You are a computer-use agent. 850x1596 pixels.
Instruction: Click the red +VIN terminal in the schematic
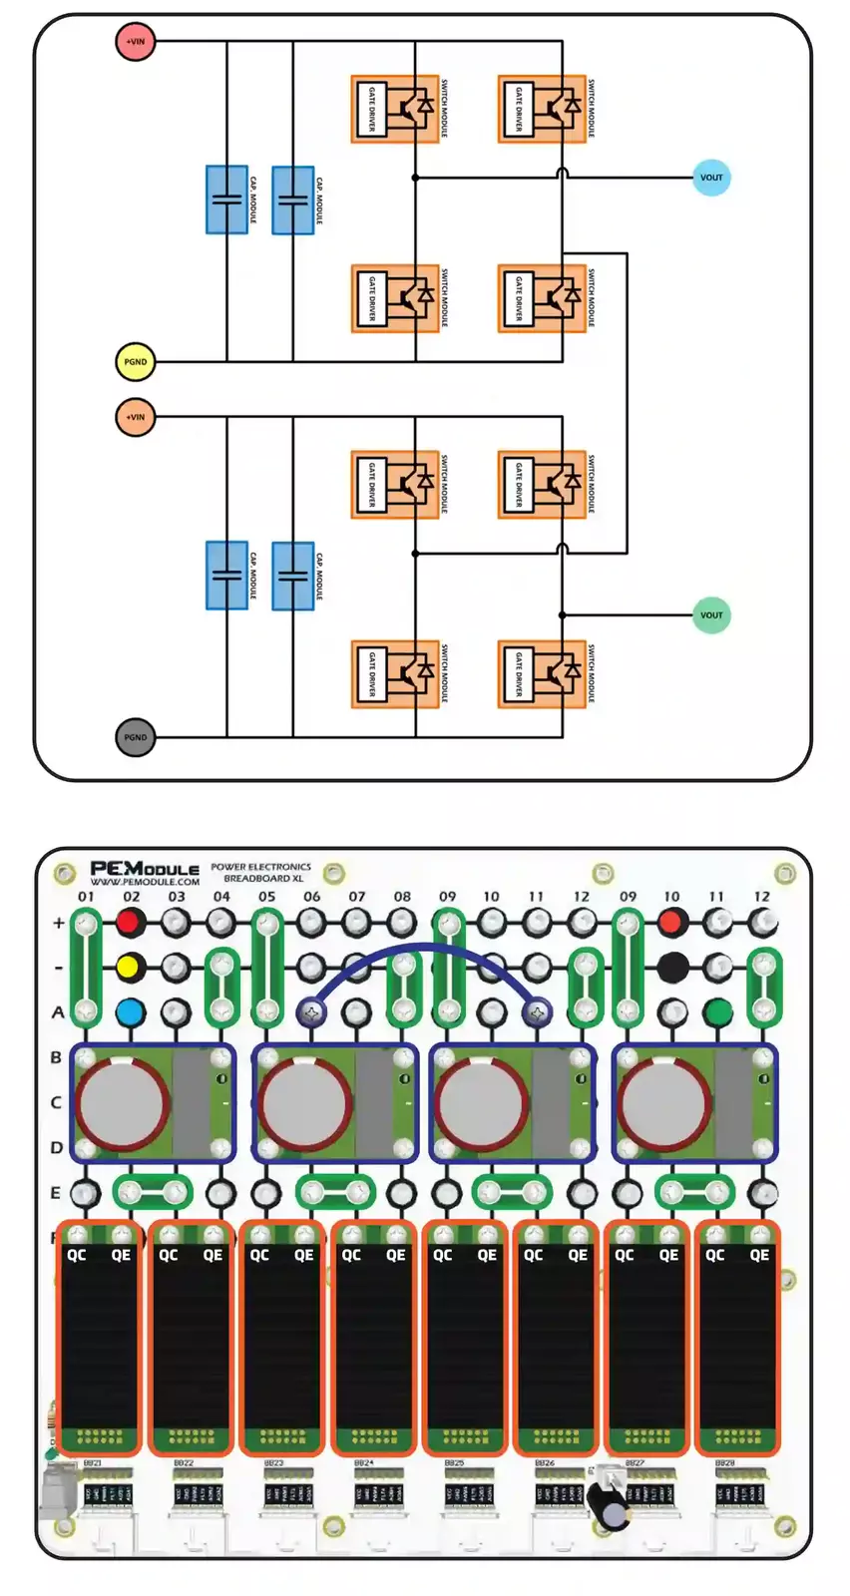pyautogui.click(x=135, y=42)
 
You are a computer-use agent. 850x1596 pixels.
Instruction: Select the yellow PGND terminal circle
pyautogui.click(x=135, y=362)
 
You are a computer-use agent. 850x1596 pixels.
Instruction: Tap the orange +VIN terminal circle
pyautogui.click(x=135, y=417)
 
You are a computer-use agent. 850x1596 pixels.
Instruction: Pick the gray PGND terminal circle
pyautogui.click(x=135, y=737)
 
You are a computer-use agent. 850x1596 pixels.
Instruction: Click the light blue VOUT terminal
pyautogui.click(x=711, y=178)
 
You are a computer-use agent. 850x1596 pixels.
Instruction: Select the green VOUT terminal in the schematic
pyautogui.click(x=711, y=614)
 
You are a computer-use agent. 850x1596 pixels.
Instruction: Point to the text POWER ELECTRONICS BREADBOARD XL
pyautogui.click(x=260, y=873)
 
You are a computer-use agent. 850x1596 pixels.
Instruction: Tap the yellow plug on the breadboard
pyautogui.click(x=130, y=967)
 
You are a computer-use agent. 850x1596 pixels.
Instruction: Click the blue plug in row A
pyautogui.click(x=130, y=1013)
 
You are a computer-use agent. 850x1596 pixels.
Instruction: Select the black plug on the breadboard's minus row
pyautogui.click(x=672, y=967)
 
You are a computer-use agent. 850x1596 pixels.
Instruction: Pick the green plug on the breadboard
pyautogui.click(x=717, y=1013)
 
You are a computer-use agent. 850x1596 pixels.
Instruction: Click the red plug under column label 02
pyautogui.click(x=130, y=923)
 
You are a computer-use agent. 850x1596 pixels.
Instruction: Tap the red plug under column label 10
pyautogui.click(x=672, y=923)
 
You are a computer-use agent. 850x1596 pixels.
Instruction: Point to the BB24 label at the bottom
pyautogui.click(x=364, y=1463)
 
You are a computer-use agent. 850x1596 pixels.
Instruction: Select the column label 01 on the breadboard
pyautogui.click(x=86, y=896)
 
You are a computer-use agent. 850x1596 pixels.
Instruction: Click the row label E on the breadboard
pyautogui.click(x=56, y=1193)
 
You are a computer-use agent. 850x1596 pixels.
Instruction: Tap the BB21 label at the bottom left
pyautogui.click(x=92, y=1463)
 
